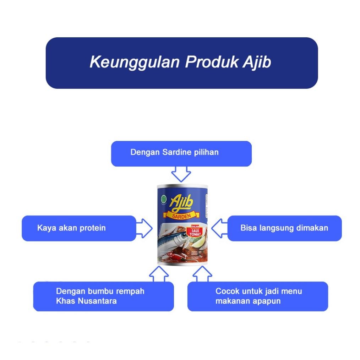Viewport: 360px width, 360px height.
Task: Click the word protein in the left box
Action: coord(93,228)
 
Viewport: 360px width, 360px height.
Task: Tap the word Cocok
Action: coord(228,291)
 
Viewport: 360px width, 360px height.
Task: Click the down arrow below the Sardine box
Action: coord(181,174)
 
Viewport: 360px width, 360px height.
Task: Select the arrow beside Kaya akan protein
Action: coord(144,228)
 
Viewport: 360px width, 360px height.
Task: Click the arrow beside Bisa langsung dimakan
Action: coord(219,228)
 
